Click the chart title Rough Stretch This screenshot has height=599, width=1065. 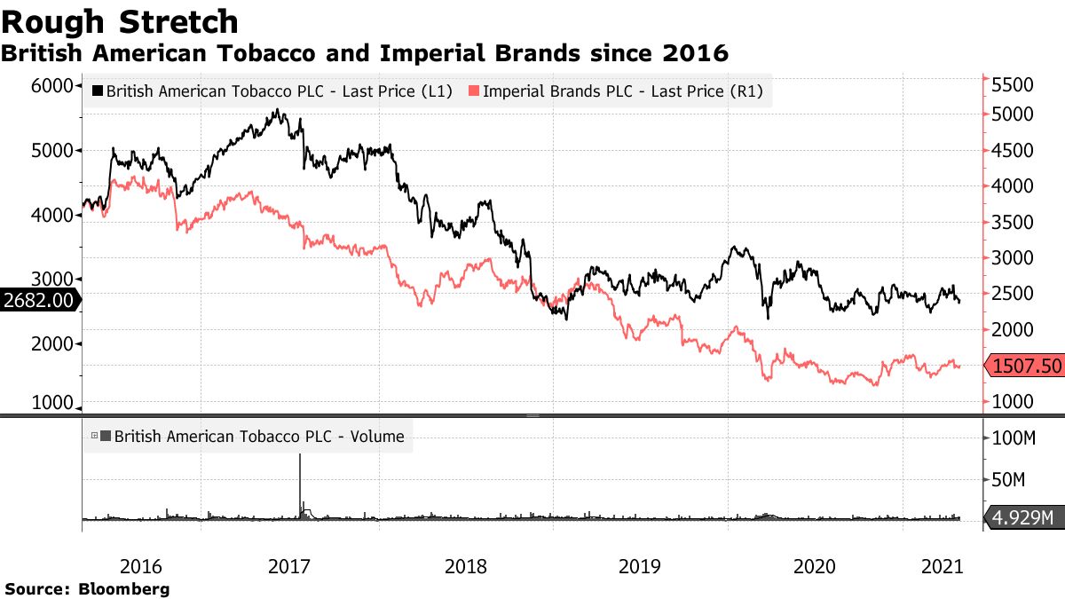coord(121,21)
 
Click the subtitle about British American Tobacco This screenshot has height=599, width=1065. coord(364,53)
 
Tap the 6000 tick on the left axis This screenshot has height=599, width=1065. coord(51,85)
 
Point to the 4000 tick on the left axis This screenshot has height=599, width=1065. coord(51,215)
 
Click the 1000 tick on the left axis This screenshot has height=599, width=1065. coord(51,402)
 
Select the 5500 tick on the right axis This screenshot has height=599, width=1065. coord(1013,85)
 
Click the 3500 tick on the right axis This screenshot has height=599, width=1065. coord(1013,222)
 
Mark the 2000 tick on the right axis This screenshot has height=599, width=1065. coord(1013,329)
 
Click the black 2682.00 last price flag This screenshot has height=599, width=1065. coord(37,300)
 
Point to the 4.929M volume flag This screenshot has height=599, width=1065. coord(1022,517)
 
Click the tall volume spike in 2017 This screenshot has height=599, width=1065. coord(300,484)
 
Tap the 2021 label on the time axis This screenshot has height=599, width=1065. coord(943,565)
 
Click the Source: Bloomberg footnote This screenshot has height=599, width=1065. coord(87,588)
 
